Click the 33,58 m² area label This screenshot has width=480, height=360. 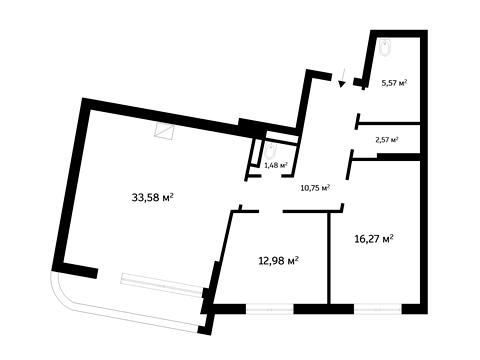(x=153, y=198)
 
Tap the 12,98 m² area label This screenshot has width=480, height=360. (x=278, y=260)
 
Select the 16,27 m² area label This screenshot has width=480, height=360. (x=374, y=239)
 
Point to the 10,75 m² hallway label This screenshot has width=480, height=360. (x=315, y=188)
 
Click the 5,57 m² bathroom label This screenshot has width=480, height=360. (x=394, y=82)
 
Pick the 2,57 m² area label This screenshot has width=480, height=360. (x=387, y=140)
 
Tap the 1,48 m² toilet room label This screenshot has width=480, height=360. (x=276, y=164)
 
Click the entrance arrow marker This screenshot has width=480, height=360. (x=342, y=77)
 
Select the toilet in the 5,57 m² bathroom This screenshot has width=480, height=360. (x=385, y=47)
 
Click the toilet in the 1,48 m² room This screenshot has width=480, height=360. (x=270, y=151)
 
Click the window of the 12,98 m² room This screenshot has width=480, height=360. (x=270, y=309)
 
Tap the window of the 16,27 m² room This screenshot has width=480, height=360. (x=378, y=309)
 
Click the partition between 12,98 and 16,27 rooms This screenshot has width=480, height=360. (x=328, y=258)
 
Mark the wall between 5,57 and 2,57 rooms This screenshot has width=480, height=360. (x=389, y=124)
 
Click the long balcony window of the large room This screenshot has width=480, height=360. (x=162, y=284)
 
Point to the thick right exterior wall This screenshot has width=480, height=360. (x=424, y=172)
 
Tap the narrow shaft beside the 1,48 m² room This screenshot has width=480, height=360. (x=256, y=152)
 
